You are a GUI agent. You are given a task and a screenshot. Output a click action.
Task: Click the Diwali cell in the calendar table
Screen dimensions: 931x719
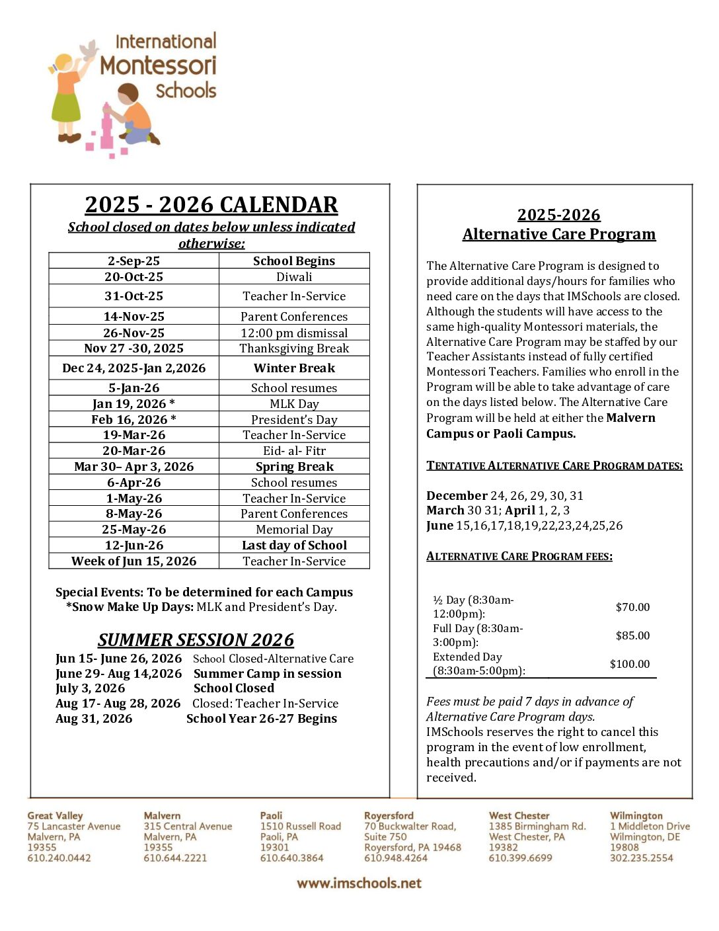[294, 277]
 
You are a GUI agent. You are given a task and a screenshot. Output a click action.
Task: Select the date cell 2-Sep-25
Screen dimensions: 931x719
[133, 261]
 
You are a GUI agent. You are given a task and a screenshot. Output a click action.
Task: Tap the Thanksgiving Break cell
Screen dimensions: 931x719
[294, 348]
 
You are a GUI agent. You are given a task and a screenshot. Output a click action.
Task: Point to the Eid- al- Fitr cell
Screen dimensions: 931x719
[294, 451]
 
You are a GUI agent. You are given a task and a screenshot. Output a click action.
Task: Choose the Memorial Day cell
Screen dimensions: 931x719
[294, 530]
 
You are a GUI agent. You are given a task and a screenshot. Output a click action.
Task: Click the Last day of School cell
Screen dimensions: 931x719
[294, 546]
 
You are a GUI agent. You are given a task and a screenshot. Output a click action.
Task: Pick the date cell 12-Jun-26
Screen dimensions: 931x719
[133, 546]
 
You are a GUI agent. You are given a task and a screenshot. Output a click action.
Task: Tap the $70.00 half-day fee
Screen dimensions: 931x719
[632, 607]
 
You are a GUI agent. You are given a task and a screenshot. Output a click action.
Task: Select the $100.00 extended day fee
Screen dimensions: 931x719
[630, 664]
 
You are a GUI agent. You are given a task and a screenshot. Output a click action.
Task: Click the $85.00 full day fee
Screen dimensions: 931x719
[632, 635]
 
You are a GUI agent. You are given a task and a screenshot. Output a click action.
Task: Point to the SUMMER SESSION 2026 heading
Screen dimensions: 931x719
[196, 640]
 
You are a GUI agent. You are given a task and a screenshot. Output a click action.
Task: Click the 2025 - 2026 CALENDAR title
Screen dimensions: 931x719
[211, 205]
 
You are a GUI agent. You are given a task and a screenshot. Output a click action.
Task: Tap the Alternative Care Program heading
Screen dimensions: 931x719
[559, 234]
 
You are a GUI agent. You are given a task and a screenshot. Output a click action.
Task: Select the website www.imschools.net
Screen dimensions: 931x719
[359, 883]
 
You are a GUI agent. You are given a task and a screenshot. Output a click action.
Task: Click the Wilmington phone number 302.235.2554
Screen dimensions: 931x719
[641, 858]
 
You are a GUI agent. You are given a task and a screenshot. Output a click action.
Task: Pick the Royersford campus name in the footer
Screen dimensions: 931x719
[389, 816]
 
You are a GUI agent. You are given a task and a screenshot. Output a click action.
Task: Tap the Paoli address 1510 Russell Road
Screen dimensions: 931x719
[300, 827]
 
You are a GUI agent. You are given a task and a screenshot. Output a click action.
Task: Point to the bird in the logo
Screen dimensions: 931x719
[89, 50]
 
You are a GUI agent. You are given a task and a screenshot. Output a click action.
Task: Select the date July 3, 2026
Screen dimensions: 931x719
[90, 688]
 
